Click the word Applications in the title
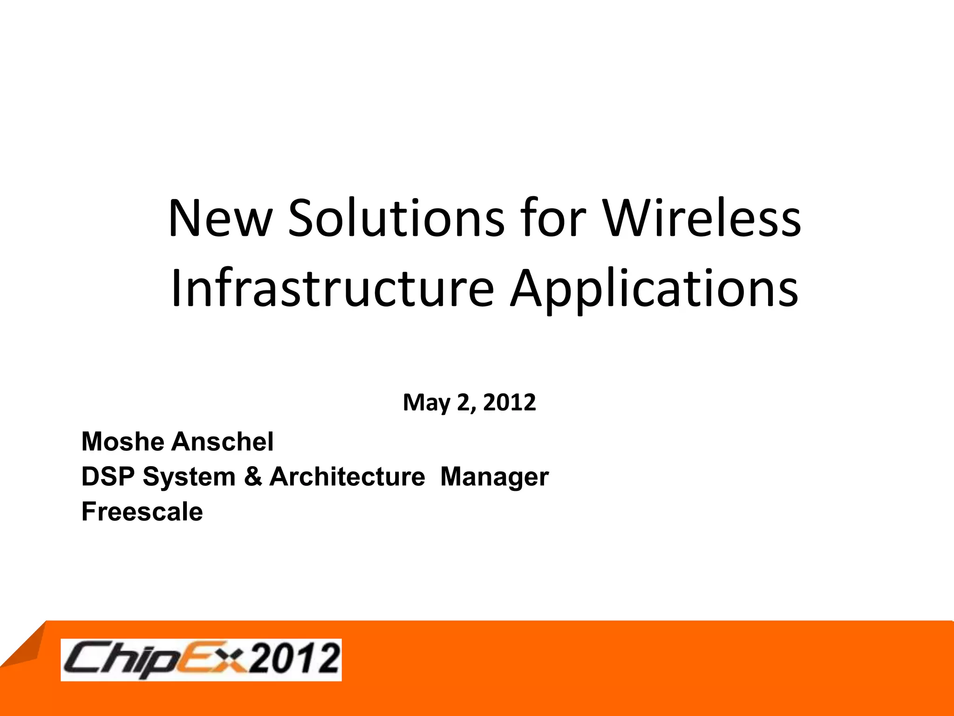click(654, 289)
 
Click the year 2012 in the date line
click(510, 402)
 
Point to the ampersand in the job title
click(253, 477)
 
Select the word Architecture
click(347, 477)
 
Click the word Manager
click(494, 477)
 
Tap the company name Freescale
click(142, 512)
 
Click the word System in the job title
click(189, 477)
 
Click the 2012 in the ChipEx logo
click(293, 659)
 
